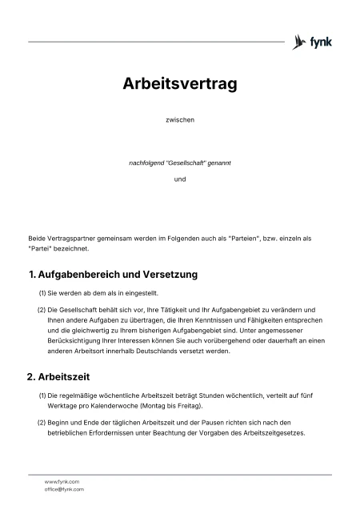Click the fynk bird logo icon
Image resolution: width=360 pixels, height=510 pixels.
tap(300, 41)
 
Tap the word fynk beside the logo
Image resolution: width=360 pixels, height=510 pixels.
tap(321, 41)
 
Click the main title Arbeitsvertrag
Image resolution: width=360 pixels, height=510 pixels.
tap(179, 83)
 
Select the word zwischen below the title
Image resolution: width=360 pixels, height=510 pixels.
tap(179, 120)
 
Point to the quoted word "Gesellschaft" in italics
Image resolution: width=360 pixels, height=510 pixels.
tap(185, 163)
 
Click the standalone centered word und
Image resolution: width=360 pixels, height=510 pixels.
tap(179, 179)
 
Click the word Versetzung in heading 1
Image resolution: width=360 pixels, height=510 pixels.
tap(168, 275)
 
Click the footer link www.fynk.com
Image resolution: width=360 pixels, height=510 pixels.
tap(62, 481)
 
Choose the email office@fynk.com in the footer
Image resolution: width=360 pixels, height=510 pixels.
tap(64, 489)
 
